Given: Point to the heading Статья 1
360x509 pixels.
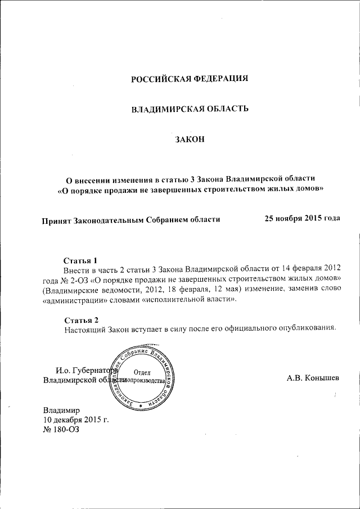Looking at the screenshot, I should click(80, 260).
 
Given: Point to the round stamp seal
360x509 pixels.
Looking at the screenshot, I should click(143, 377).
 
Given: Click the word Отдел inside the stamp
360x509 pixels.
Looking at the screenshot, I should click(142, 371).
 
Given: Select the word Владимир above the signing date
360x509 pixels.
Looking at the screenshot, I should click(62, 409).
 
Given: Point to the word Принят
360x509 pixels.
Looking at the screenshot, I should click(57, 219).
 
